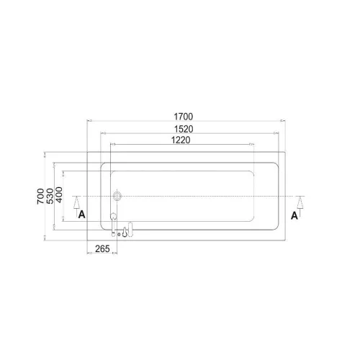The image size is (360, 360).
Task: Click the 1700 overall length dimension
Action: tap(184, 117)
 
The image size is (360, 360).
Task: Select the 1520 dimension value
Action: tap(184, 129)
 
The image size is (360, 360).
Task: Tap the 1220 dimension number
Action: tap(181, 140)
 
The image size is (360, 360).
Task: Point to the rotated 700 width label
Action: tap(40, 197)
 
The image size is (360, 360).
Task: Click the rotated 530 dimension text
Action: tap(50, 196)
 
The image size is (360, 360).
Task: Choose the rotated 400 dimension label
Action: tap(59, 194)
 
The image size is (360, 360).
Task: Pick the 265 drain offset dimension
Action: tap(102, 248)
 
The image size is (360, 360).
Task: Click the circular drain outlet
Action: tap(117, 196)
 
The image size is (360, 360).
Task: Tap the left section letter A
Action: tap(82, 215)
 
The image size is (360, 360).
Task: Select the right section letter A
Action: tap(294, 216)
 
